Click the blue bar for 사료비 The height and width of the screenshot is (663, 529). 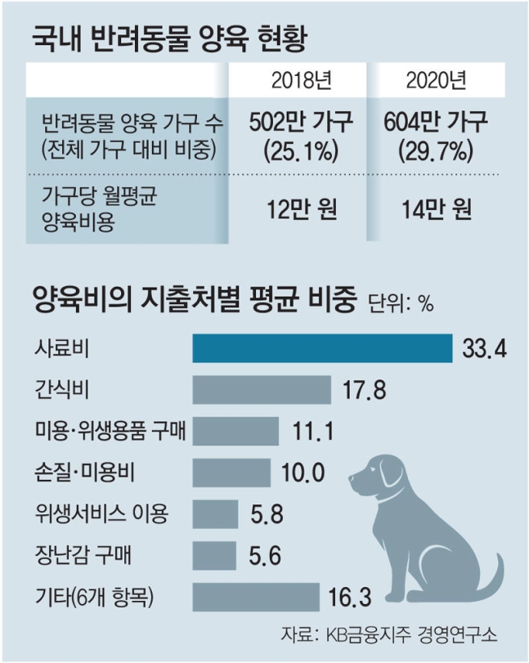322,347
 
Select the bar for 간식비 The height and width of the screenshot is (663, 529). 261,389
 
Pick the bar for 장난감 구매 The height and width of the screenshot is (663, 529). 214,555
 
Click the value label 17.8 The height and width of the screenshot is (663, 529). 361,390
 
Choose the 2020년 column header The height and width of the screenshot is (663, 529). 435,81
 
